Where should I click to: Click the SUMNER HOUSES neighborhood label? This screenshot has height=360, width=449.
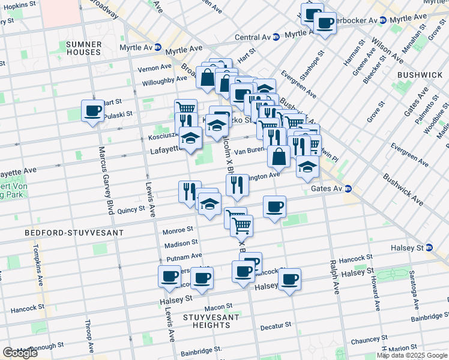click(83, 48)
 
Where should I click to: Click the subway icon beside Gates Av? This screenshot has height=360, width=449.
click(348, 189)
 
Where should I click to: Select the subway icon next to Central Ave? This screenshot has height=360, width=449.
click(276, 37)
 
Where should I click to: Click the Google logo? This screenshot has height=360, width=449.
click(20, 353)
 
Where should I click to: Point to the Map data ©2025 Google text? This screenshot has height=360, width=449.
click(412, 355)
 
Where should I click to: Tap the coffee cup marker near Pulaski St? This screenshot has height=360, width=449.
click(93, 111)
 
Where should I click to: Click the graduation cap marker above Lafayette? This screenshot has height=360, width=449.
click(190, 137)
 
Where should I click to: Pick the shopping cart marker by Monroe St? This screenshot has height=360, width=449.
click(241, 226)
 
